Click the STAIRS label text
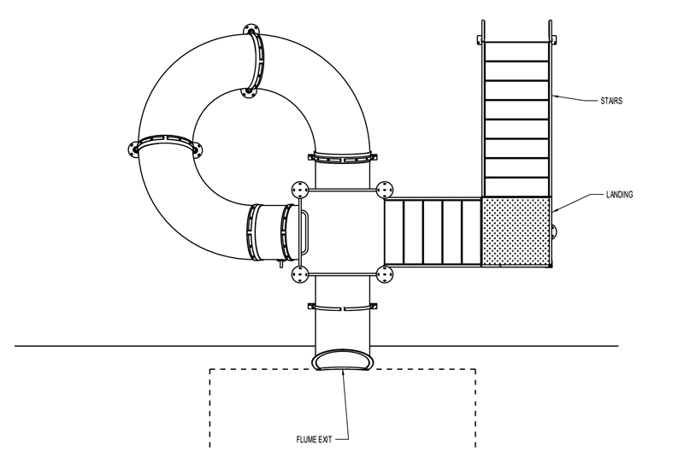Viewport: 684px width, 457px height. coord(611,101)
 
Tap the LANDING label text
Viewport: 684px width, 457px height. coord(619,195)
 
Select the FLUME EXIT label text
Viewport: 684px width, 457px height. coord(314,440)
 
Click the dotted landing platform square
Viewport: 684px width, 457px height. coord(516,231)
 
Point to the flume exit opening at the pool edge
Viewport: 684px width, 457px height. coord(343,360)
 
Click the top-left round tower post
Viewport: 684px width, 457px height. coord(300,190)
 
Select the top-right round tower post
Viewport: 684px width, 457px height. coord(384,190)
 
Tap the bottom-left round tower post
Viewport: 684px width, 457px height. coord(300,274)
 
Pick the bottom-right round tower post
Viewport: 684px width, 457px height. coord(384,274)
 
